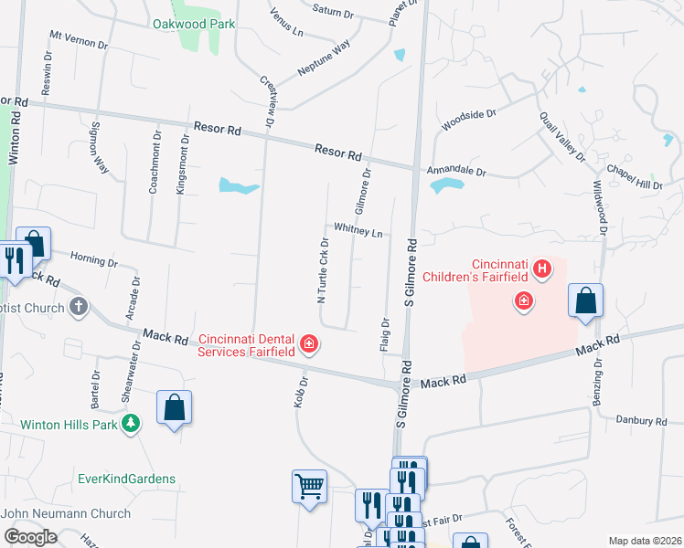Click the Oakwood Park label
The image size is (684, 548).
coord(195,24)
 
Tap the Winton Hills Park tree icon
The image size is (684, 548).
coord(133,423)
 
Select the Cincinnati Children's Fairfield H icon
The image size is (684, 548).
coord(543,269)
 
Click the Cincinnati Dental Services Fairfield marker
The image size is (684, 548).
coord(309,343)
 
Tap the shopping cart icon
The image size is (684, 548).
coord(309,485)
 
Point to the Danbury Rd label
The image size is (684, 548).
coord(641,422)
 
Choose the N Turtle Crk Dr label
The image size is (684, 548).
coord(322,269)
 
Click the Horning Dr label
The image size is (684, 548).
coord(94,261)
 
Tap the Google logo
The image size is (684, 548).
coord(30,537)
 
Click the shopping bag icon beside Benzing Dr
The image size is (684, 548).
coord(585,300)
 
